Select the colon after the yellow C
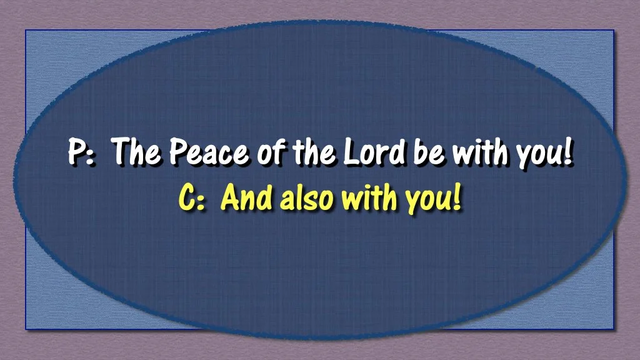[202, 202]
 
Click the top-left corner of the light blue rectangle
[26, 31]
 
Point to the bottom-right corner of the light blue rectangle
[614, 329]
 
